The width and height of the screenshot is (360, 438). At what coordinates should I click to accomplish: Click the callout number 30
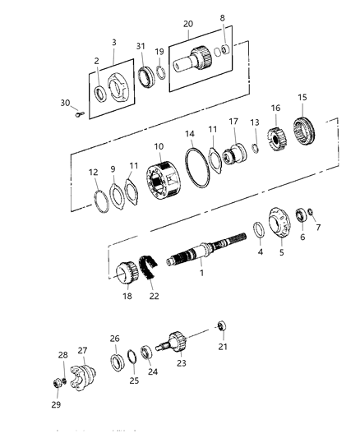[x=65, y=103]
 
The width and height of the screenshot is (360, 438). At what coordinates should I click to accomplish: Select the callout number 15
[x=302, y=98]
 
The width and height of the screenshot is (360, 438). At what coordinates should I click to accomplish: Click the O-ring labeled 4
[x=257, y=230]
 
